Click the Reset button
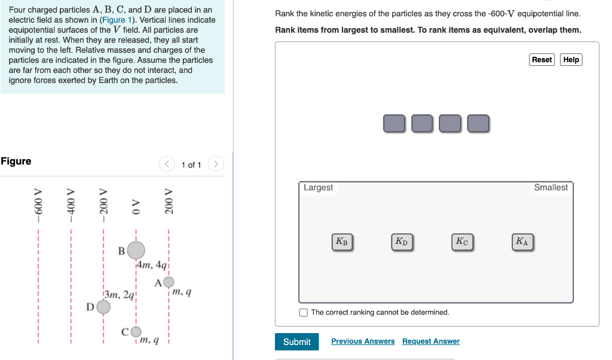tap(541, 60)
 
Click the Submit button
tap(296, 341)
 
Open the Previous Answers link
tap(363, 341)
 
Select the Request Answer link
tap(430, 341)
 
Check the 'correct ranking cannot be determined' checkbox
tap(304, 312)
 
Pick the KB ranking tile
tap(341, 242)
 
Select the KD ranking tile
tap(401, 242)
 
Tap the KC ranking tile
tap(461, 242)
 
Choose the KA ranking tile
tap(522, 242)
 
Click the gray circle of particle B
tap(136, 250)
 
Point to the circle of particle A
tap(169, 282)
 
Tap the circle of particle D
tap(103, 307)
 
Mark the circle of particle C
tap(136, 331)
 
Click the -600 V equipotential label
tap(39, 205)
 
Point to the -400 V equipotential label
tap(71, 205)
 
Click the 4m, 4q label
tap(152, 264)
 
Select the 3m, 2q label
tap(120, 294)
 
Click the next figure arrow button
tap(216, 164)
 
